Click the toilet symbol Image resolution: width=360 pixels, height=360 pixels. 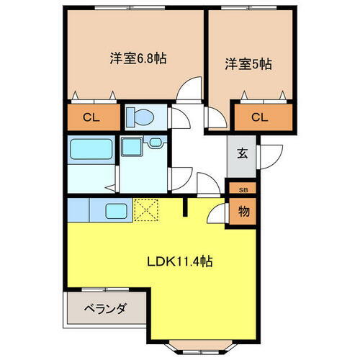(x=137, y=117)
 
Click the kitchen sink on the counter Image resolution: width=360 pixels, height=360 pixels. (x=116, y=211)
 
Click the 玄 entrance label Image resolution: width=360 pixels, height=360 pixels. (x=241, y=152)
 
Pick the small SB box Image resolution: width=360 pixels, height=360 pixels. (x=242, y=189)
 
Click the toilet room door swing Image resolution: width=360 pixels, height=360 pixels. (x=176, y=117)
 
